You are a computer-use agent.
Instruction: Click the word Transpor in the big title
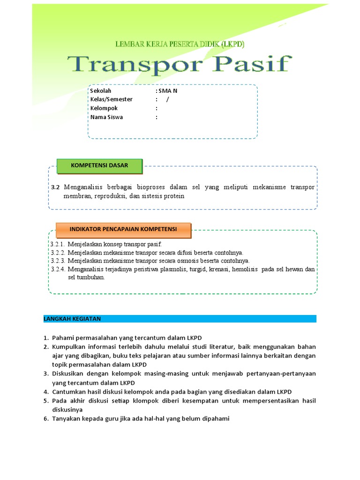tap(134, 64)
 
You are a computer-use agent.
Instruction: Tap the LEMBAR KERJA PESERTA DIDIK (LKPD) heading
tap(180, 44)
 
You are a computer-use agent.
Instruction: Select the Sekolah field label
tap(101, 91)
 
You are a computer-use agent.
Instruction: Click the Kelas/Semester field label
tap(112, 99)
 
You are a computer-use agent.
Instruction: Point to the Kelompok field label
tap(104, 108)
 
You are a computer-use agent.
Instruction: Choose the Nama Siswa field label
tap(106, 117)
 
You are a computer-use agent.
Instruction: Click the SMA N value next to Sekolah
tap(168, 91)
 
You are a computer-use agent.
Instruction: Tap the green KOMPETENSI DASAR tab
tap(99, 165)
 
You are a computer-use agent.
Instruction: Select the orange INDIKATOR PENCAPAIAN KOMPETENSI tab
tap(123, 229)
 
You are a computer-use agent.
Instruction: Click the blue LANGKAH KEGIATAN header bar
tap(180, 319)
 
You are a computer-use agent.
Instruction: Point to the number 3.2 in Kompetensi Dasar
tap(56, 187)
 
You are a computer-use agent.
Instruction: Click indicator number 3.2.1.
tap(57, 245)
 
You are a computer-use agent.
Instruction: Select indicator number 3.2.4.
tap(57, 269)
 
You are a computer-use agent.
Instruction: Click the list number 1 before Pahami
tap(46, 337)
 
